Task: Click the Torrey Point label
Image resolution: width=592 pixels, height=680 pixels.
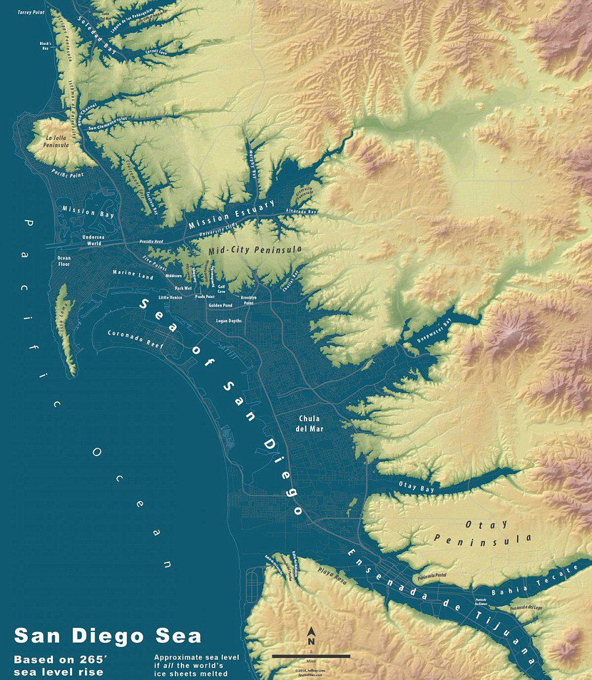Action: coord(31,12)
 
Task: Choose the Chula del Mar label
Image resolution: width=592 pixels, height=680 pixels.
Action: coord(310,423)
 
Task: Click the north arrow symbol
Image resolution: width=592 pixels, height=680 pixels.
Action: coord(311,636)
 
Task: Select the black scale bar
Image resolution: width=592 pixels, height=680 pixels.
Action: coord(311,657)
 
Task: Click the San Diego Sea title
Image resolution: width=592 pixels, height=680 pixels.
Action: coord(108,636)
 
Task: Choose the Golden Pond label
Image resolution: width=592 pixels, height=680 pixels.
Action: coord(220,306)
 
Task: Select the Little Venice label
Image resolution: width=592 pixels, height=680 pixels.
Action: coord(170,298)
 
